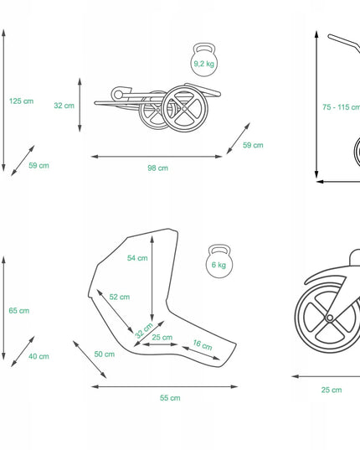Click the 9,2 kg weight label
[x=203, y=64]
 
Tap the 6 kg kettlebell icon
[x=219, y=261]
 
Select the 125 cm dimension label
[x=21, y=101]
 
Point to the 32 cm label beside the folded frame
[x=64, y=106]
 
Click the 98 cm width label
[x=157, y=168]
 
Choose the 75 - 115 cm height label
[x=341, y=107]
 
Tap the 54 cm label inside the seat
[x=137, y=258]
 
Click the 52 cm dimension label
[x=120, y=297]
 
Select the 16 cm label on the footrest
[x=203, y=344]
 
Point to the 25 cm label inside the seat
[x=162, y=337]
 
